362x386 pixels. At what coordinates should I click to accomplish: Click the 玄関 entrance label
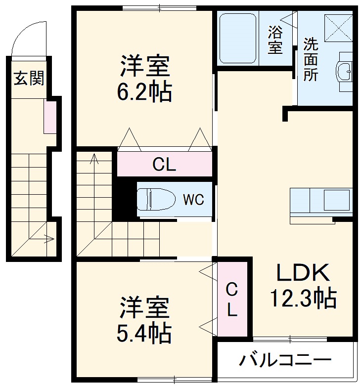click(29, 78)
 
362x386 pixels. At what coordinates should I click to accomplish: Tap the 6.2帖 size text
click(144, 92)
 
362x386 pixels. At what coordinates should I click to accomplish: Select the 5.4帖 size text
click(144, 334)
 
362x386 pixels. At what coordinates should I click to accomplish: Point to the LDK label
click(302, 273)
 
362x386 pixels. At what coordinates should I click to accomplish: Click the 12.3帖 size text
click(303, 298)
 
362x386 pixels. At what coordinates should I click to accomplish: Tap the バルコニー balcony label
click(285, 360)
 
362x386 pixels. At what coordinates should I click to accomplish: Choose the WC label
click(193, 200)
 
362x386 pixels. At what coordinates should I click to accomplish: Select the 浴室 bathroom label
click(275, 41)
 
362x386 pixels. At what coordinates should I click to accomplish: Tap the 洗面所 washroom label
click(311, 59)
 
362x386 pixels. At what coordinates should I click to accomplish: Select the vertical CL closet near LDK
click(232, 300)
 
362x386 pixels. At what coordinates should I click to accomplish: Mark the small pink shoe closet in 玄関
click(49, 117)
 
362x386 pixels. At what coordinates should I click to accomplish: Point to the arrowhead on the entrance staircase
click(50, 239)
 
